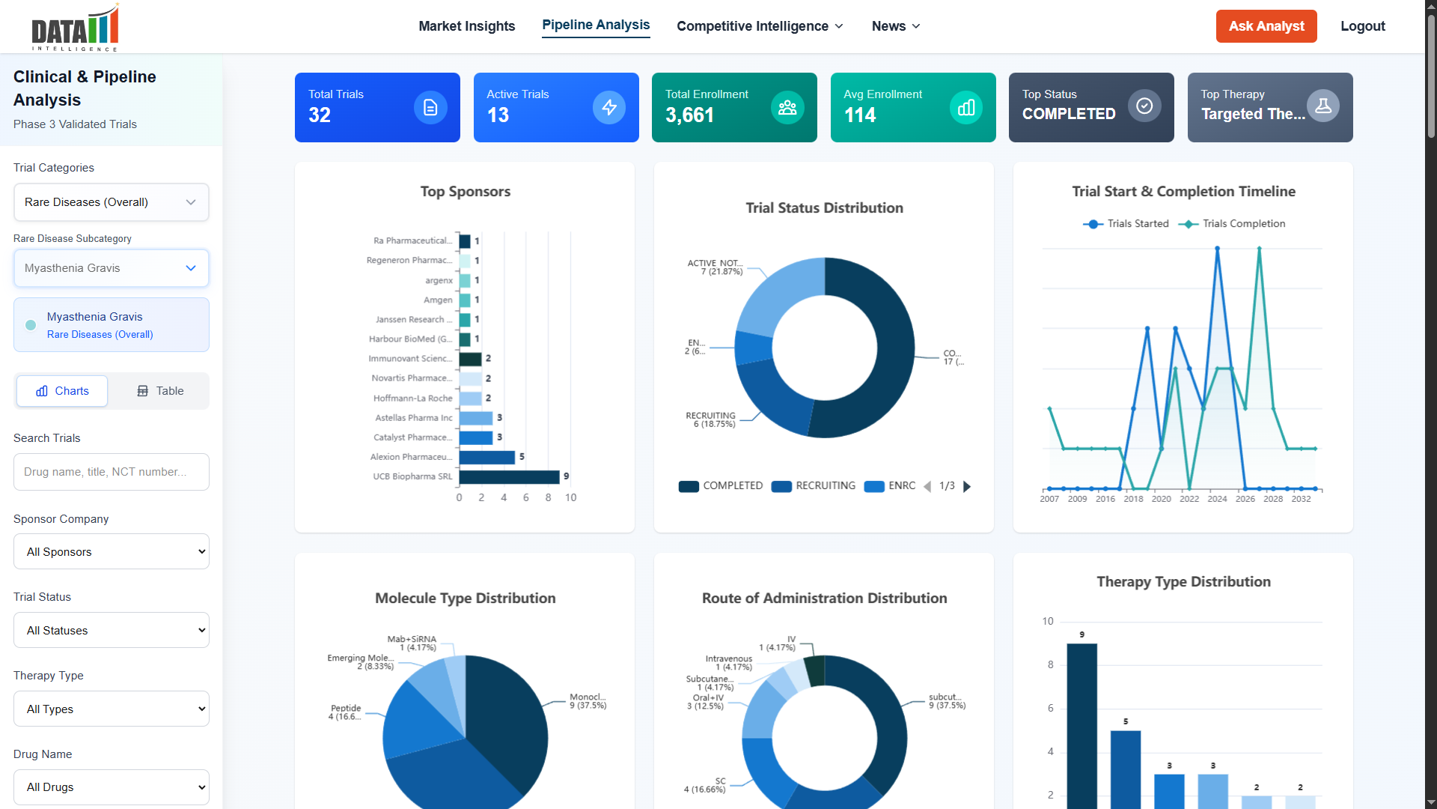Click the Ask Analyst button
tap(1266, 26)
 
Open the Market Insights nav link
tap(466, 26)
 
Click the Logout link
tap(1362, 26)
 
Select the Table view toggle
tap(160, 391)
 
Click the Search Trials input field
tap(111, 472)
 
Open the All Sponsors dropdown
tap(111, 552)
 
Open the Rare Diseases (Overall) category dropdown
tap(111, 202)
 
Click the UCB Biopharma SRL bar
tap(509, 477)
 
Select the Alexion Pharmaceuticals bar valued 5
tap(486, 457)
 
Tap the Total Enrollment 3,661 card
tap(733, 107)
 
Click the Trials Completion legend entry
tap(1233, 224)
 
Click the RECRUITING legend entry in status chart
tap(814, 486)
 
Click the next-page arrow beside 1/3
tap(967, 487)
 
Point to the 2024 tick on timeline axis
tap(1217, 499)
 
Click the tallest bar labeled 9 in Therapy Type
tap(1081, 719)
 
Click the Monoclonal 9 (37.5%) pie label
tap(588, 701)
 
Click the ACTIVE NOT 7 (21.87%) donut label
tap(715, 267)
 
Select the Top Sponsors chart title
tap(465, 192)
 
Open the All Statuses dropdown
tap(111, 631)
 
